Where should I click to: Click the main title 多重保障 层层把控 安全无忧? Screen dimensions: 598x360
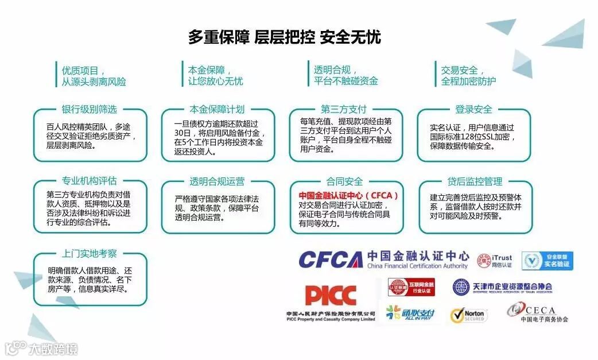coord(285,37)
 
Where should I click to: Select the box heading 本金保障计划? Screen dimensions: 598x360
coord(217,110)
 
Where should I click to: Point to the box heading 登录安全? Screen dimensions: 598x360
coord(473,110)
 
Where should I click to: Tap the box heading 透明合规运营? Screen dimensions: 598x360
coord(217,181)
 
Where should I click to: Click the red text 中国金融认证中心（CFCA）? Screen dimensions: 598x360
coord(349,195)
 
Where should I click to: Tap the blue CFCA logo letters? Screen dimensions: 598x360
coord(330,260)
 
